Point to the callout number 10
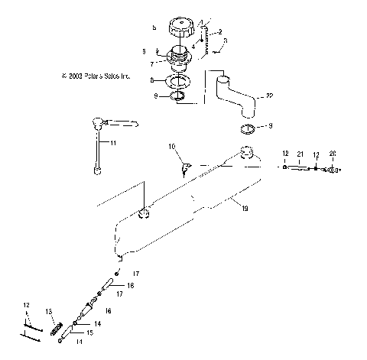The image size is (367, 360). click(x=172, y=145)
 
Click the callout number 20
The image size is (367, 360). click(x=333, y=153)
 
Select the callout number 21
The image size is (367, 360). click(x=300, y=153)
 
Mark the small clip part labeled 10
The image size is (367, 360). click(x=186, y=165)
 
